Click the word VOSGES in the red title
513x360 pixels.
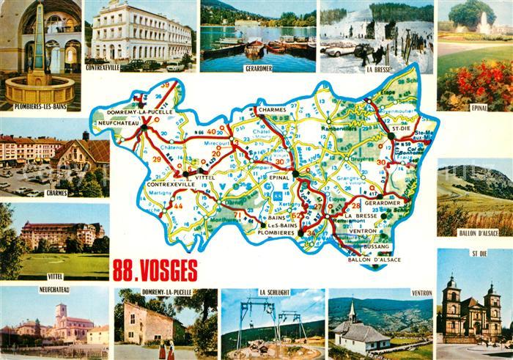[163, 271]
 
